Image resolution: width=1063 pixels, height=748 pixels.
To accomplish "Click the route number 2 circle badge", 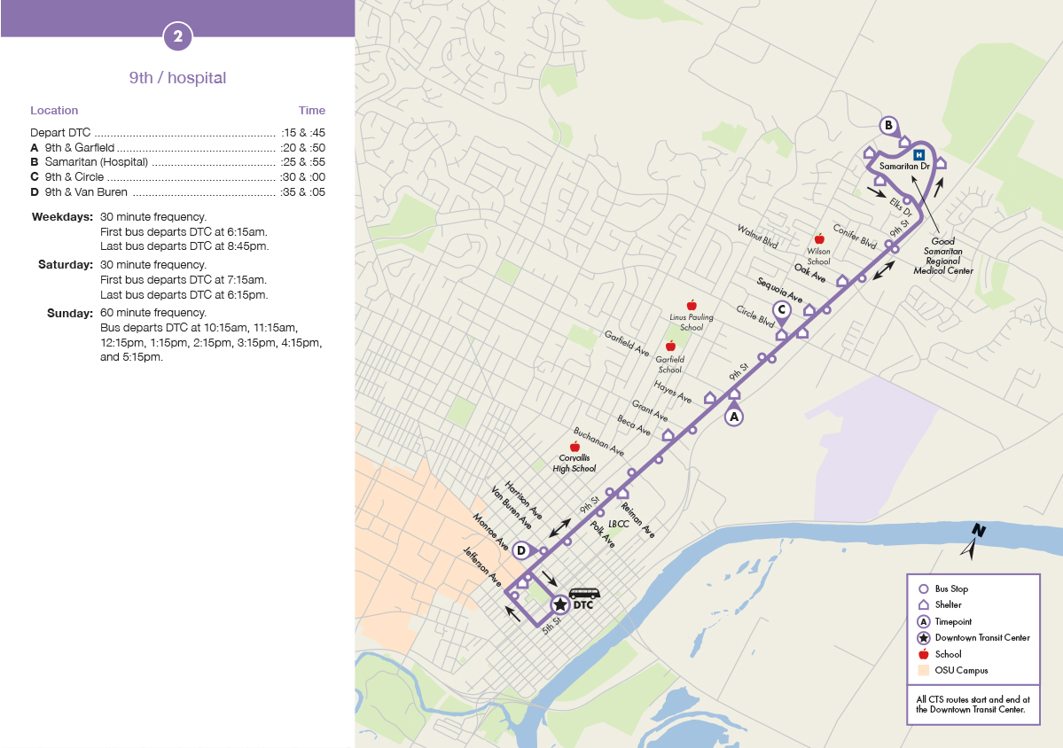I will [x=177, y=36].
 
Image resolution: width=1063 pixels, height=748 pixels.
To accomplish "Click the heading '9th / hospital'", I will [x=177, y=78].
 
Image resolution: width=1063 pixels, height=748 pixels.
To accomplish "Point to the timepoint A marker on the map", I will [x=733, y=415].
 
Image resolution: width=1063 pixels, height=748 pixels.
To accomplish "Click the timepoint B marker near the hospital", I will [x=888, y=126].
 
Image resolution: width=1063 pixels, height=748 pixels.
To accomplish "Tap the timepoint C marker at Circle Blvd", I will [x=781, y=310].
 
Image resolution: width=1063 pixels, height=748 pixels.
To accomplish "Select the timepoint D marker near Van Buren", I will [x=521, y=550].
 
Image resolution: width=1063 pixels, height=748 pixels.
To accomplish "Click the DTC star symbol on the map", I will [x=559, y=605].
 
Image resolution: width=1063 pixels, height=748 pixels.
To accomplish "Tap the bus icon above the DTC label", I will [x=583, y=594].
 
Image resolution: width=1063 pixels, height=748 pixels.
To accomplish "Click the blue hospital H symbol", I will [x=919, y=156].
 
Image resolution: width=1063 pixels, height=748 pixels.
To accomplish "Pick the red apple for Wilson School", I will [x=819, y=239].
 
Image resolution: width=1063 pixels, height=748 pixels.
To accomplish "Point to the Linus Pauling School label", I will [x=692, y=322].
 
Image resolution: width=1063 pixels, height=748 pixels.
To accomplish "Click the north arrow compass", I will [x=974, y=541].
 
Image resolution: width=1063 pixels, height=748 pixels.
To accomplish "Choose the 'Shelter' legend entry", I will [x=947, y=605].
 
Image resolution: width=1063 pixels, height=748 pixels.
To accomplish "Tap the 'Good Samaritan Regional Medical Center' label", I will [x=942, y=255].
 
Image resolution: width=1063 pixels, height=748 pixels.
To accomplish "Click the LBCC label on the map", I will [x=619, y=524].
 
